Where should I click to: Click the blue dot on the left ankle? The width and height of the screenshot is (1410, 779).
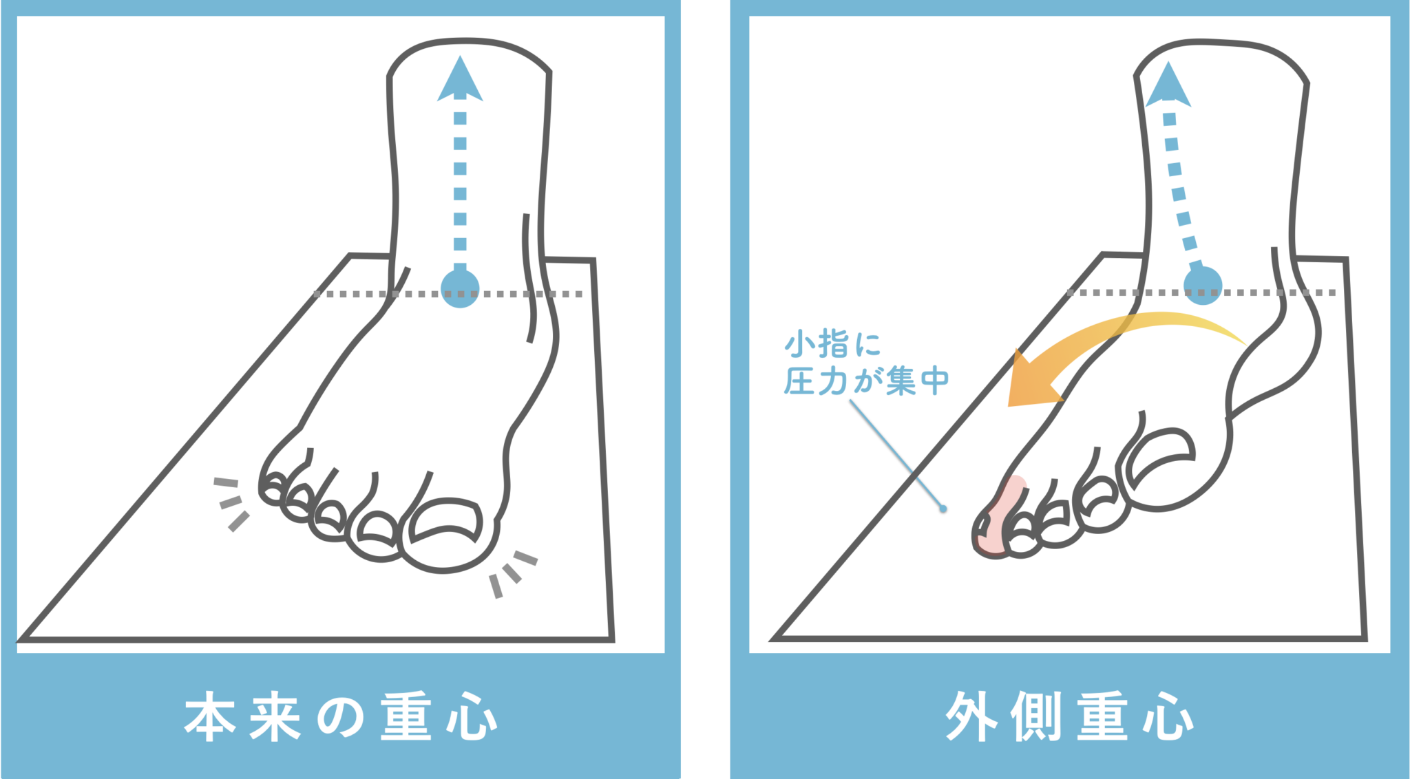(x=460, y=288)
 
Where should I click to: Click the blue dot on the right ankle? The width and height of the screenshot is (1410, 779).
(x=1203, y=285)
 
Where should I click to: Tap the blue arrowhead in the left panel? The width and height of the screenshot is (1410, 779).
(x=460, y=80)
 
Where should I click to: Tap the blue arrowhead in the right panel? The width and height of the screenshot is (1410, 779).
(x=1168, y=85)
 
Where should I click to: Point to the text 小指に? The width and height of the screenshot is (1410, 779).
(x=833, y=343)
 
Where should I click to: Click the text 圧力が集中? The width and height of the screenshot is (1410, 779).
(x=866, y=381)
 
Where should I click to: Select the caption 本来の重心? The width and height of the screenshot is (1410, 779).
(x=341, y=717)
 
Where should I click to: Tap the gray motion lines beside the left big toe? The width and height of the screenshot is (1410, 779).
(x=512, y=573)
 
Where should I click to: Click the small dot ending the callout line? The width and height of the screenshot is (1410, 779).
(x=943, y=509)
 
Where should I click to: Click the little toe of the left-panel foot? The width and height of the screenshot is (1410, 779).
(x=273, y=488)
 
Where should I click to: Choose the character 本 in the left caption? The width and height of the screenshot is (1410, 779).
(x=210, y=717)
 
